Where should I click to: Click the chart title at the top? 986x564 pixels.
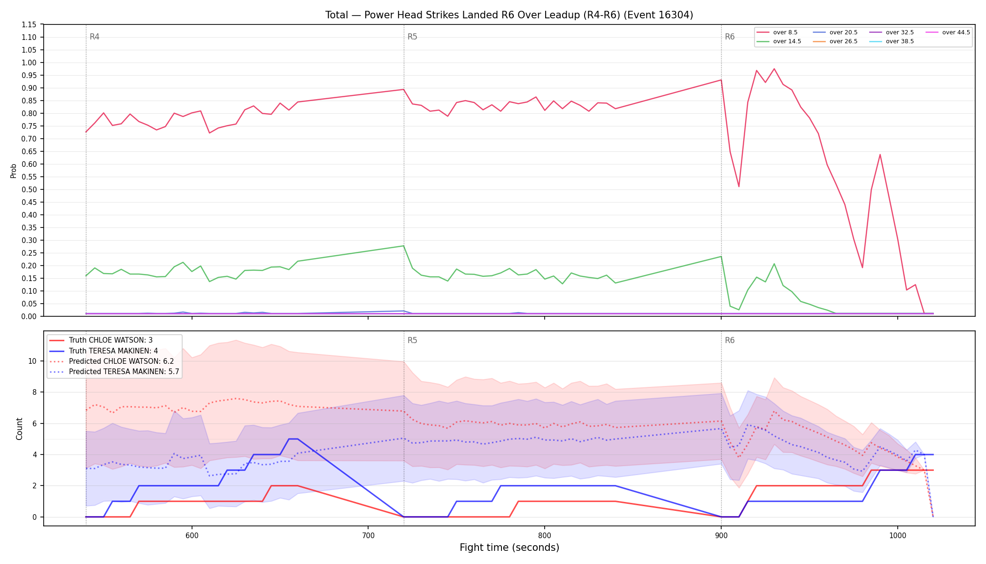click(509, 15)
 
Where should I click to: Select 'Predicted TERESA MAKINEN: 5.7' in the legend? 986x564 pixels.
click(114, 371)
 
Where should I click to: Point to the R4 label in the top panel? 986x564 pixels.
click(94, 37)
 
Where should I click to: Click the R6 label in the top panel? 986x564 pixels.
click(730, 37)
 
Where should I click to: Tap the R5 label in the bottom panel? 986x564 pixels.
click(412, 340)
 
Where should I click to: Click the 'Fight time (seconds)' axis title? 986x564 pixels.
click(509, 548)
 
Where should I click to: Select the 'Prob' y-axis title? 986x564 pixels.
click(13, 171)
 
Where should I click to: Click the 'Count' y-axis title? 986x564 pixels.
click(19, 429)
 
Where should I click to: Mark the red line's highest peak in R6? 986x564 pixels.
click(774, 69)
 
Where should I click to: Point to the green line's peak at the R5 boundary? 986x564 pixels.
click(403, 246)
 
